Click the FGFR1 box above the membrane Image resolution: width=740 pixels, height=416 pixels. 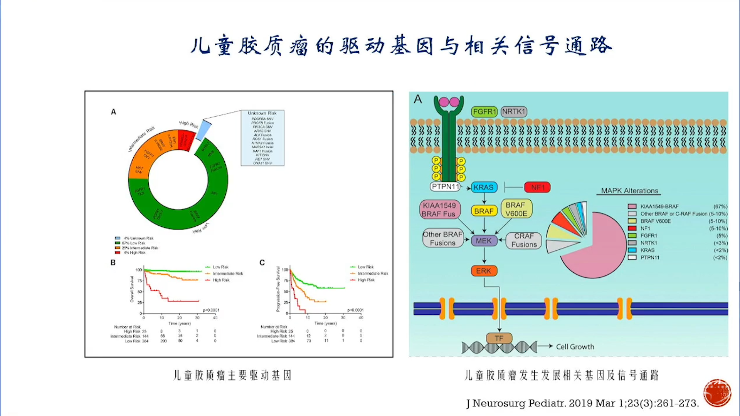click(x=484, y=112)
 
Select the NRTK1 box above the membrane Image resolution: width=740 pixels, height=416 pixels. click(x=514, y=112)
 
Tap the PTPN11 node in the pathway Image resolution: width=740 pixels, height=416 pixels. click(x=446, y=187)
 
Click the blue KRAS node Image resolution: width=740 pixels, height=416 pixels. click(x=484, y=188)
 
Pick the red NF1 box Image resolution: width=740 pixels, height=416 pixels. click(x=537, y=188)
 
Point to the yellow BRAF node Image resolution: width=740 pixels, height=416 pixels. click(x=484, y=211)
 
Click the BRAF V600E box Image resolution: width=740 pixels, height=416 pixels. click(x=516, y=209)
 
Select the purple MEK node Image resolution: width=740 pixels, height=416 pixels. click(x=484, y=241)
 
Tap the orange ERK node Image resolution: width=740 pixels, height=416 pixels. click(x=484, y=271)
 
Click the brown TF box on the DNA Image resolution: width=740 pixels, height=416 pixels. click(x=499, y=338)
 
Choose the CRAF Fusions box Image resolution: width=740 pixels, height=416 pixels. click(x=524, y=240)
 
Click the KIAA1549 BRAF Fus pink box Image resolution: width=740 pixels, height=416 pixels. click(x=439, y=210)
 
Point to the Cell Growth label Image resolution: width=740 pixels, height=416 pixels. click(x=575, y=347)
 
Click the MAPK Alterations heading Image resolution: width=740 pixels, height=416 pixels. click(x=629, y=191)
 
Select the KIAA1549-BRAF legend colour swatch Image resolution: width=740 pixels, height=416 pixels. click(x=632, y=206)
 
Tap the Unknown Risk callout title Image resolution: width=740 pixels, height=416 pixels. click(x=262, y=113)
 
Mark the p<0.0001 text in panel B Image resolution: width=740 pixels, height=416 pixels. click(x=211, y=310)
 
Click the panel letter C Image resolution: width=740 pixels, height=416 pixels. click(x=262, y=263)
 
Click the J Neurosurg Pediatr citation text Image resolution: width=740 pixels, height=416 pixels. click(x=582, y=403)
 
